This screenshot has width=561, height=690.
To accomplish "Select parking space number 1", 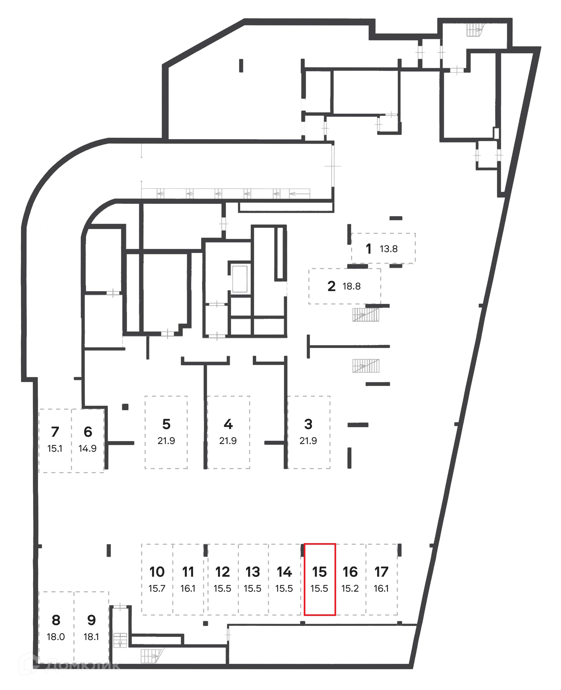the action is coord(368,249).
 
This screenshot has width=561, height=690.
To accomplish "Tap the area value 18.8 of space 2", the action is coord(351,286).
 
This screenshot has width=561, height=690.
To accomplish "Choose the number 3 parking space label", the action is coord(308,424).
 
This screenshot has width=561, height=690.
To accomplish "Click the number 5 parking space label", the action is coord(166,424).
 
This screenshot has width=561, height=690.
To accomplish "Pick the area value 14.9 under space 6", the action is coord(87,449).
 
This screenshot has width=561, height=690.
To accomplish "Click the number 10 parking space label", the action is coord(157,572).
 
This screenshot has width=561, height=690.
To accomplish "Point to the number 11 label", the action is coord(188,572).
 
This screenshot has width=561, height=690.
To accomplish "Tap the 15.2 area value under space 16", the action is coord(350,589).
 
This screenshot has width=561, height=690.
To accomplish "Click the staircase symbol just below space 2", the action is coord(366,315).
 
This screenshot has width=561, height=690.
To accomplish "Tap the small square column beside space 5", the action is coord(125,407).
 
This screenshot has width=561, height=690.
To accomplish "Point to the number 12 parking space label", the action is coord(222,572).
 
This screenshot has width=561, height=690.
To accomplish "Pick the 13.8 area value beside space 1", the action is coord(388,249).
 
